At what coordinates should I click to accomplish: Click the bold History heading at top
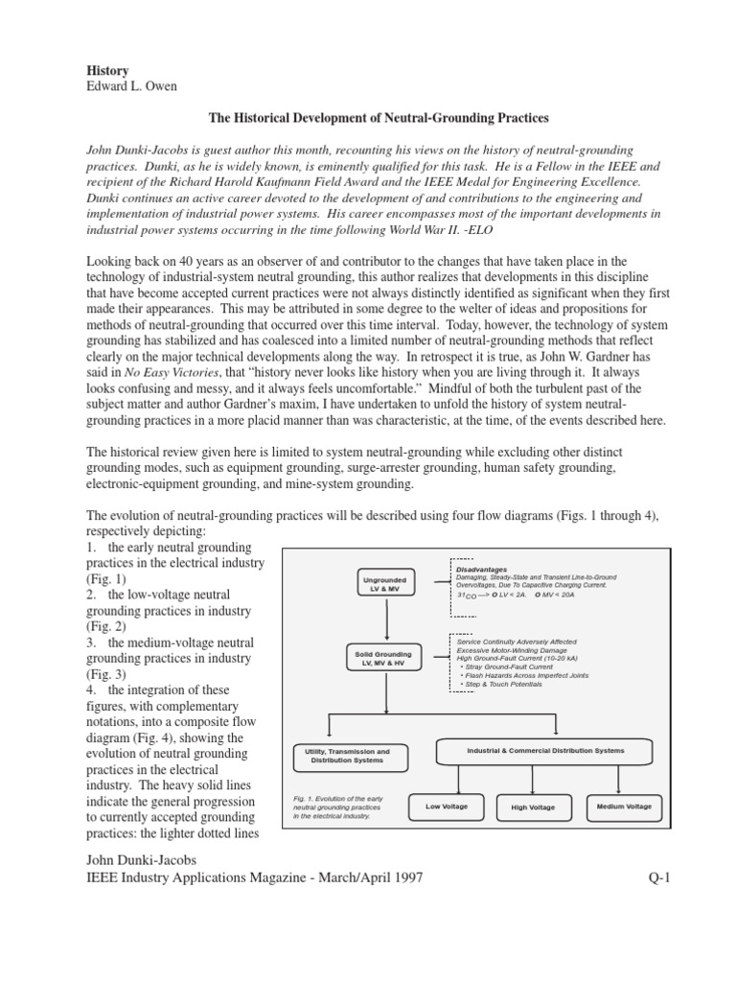(107, 72)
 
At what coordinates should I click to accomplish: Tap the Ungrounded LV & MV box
(384, 584)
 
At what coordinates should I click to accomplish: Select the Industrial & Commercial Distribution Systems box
(545, 750)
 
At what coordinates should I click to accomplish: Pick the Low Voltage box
(447, 807)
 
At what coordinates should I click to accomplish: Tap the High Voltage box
(533, 807)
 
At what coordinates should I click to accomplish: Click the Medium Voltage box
(624, 807)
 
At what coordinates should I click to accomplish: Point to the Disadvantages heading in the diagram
(482, 568)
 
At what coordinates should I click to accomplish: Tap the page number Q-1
(662, 877)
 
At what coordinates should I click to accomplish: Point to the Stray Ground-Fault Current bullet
(511, 666)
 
